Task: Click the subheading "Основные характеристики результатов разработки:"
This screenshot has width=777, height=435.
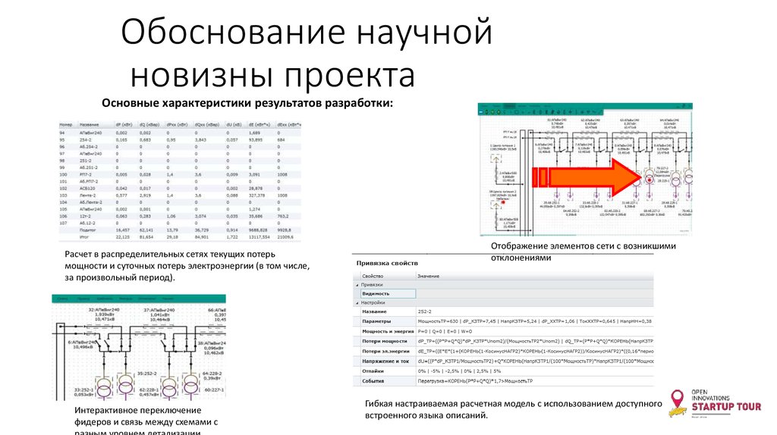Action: pos(248,102)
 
